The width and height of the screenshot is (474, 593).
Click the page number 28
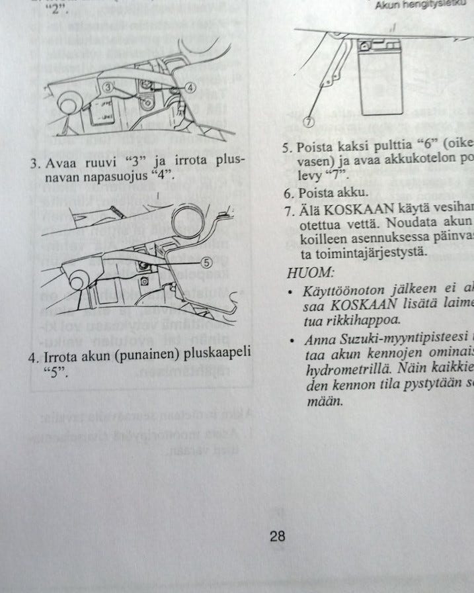pyautogui.click(x=278, y=536)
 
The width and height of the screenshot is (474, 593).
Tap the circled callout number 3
pyautogui.click(x=109, y=87)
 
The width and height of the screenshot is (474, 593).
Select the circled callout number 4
pyautogui.click(x=190, y=87)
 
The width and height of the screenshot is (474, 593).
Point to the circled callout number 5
pyautogui.click(x=207, y=262)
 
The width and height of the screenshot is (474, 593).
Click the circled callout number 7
pyautogui.click(x=308, y=122)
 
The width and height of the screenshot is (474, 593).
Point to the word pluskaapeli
pyautogui.click(x=220, y=357)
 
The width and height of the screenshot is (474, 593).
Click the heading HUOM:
pyautogui.click(x=311, y=272)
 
